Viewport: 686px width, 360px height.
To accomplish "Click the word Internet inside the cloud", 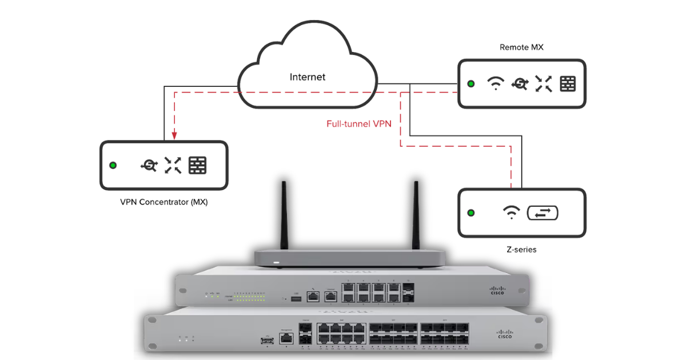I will point(307,77).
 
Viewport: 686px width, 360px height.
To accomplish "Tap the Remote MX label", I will point(521,47).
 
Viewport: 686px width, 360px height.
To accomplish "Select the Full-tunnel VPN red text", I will point(358,123).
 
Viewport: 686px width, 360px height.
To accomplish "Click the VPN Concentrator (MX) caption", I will point(164,202).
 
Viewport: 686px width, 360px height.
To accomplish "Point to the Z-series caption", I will point(521,249).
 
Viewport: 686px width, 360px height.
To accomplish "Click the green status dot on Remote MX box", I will point(471,84).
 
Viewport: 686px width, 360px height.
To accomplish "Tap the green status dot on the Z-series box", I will point(471,213).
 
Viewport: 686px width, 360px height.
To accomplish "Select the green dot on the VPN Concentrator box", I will point(113,165).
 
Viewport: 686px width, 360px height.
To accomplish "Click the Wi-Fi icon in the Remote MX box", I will point(496,84).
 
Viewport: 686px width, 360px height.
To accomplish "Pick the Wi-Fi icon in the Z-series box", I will point(510,213).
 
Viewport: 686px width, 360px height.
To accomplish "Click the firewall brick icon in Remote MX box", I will point(568,84).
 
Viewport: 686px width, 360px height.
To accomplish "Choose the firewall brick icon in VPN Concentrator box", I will point(197,165).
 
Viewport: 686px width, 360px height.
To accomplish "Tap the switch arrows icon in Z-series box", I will point(542,213).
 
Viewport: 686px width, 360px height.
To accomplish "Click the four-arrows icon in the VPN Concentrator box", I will point(173,165).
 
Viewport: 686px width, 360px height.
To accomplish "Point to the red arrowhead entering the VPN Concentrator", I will point(174,135).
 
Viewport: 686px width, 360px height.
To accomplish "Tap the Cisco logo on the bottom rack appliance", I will point(505,334).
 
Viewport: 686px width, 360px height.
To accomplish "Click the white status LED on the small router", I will point(277,263).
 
